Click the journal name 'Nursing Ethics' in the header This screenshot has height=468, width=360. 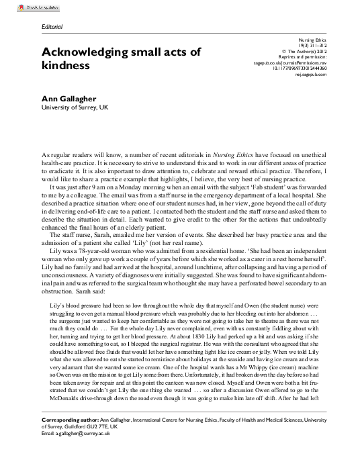coord(312,42)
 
